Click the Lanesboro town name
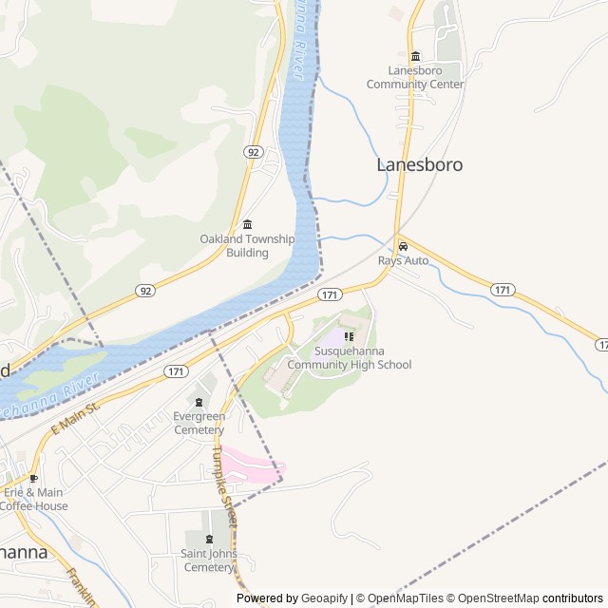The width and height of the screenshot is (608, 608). tap(419, 164)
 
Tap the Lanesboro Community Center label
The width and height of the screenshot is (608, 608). tap(415, 77)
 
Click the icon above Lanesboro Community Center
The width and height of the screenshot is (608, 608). tap(415, 56)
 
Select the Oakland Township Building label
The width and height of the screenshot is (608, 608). tap(247, 246)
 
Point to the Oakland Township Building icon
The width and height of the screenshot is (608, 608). tap(247, 224)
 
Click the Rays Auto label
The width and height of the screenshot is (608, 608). tap(403, 260)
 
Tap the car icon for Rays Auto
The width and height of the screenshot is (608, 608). tap(403, 246)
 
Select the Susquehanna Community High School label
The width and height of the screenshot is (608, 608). tap(349, 358)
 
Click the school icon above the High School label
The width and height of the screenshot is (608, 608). tap(349, 336)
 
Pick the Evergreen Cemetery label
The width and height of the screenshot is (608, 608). tap(199, 423)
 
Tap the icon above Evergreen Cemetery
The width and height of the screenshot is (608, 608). tap(199, 402)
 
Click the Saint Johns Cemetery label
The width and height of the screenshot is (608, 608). tap(209, 560)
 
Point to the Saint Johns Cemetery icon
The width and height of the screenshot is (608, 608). tap(209, 540)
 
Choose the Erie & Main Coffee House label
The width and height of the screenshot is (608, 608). tap(34, 499)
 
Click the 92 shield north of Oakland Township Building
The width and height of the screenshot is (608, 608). tap(253, 152)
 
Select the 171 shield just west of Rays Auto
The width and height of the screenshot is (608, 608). tap(329, 295)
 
